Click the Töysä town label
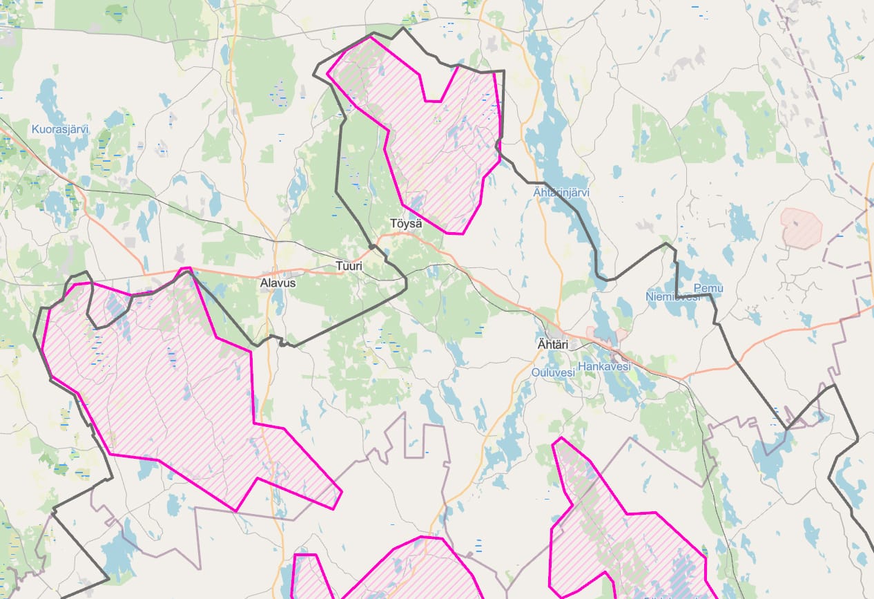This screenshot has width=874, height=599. click(406, 224)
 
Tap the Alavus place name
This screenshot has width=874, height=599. click(278, 283)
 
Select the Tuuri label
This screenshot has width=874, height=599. click(348, 265)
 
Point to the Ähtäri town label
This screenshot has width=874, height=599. click(552, 344)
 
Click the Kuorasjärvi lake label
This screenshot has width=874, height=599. click(60, 129)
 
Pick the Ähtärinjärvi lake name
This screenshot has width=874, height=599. click(561, 193)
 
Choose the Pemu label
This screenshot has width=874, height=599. click(708, 287)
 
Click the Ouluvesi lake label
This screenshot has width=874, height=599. click(553, 372)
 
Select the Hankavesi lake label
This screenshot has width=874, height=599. click(604, 366)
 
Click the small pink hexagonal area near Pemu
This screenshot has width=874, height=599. click(802, 227)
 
